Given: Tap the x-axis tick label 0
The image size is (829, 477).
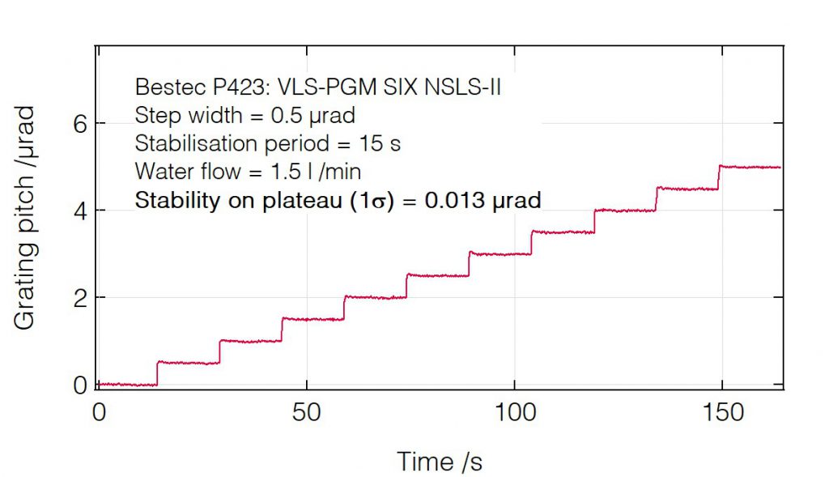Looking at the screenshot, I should (x=99, y=412).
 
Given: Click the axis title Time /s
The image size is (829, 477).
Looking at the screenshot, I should (x=440, y=462).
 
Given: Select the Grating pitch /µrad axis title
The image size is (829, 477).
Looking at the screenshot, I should (x=26, y=216).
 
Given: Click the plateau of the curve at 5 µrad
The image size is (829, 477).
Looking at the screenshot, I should (x=750, y=166).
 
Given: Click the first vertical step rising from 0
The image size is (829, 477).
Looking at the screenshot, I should (x=157, y=373).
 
